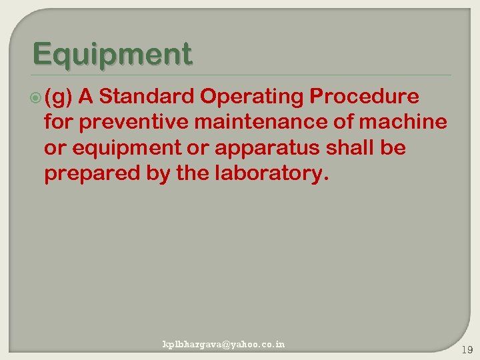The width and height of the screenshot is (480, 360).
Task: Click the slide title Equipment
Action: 112,54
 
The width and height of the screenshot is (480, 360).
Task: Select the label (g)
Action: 59,98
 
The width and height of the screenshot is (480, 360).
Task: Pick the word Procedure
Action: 364,97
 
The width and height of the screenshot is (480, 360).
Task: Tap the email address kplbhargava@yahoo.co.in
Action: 224,345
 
